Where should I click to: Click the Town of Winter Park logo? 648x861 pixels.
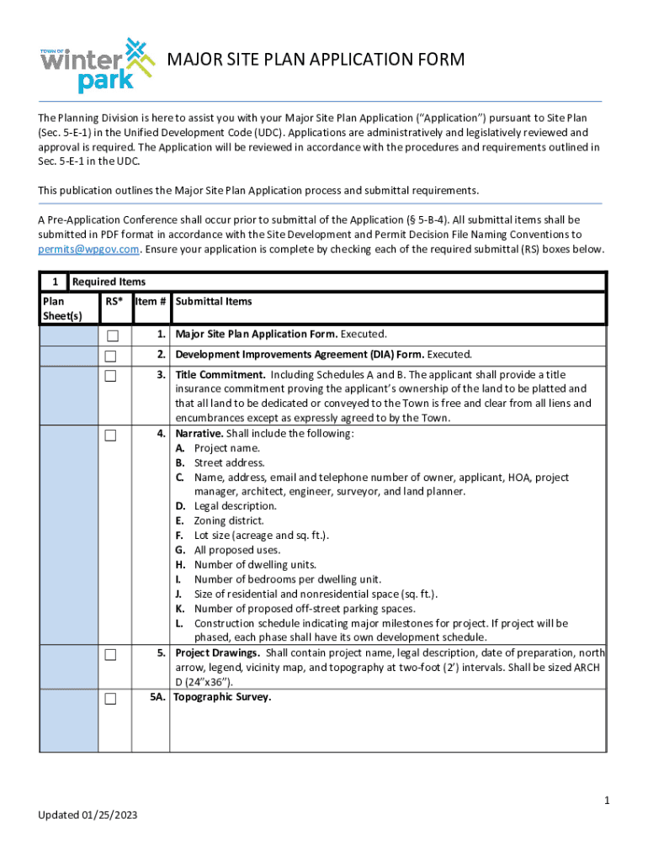click(98, 65)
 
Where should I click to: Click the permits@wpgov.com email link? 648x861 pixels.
click(88, 250)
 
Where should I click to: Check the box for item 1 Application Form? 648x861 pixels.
click(111, 335)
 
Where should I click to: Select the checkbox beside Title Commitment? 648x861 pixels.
click(111, 376)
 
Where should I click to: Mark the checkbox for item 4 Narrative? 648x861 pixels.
click(111, 435)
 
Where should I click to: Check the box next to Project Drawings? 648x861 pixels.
click(111, 654)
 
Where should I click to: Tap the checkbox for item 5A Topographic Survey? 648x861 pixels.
click(111, 699)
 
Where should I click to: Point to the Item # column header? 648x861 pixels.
click(151, 302)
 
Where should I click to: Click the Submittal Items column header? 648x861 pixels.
click(214, 302)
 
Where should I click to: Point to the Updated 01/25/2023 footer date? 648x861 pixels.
click(88, 816)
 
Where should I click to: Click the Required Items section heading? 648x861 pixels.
click(109, 282)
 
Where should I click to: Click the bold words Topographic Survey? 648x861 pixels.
click(222, 697)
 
